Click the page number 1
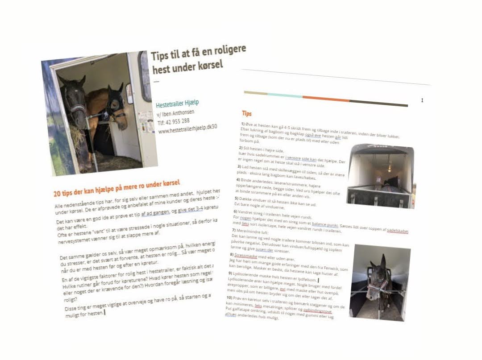[x=422, y=100]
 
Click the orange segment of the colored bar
[x=325, y=99]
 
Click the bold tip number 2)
[x=241, y=148]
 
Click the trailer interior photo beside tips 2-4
[x=380, y=176]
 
